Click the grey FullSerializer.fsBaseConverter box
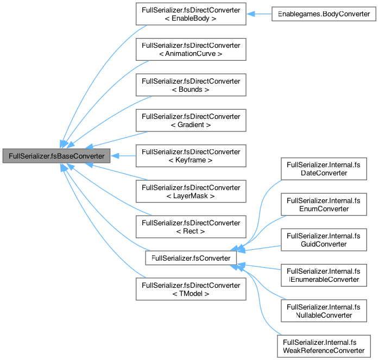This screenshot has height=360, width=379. pos(57,156)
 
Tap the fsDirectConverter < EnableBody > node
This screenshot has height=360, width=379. pos(191,14)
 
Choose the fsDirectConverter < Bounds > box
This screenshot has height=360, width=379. pos(191,85)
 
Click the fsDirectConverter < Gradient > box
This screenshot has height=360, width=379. pos(191,120)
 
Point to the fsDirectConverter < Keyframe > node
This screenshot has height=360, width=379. pos(191,156)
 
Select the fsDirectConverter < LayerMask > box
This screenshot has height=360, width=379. pos(191,191)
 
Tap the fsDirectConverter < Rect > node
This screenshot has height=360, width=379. pos(191,227)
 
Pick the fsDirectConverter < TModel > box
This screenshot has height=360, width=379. pos(191,289)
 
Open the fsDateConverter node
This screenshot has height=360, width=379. pos(324,168)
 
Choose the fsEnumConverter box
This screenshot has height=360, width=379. pos(324,204)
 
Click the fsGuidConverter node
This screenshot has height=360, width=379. pos(324,239)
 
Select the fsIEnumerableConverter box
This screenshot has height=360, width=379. pos(324,275)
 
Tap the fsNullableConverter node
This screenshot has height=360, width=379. pos(324,311)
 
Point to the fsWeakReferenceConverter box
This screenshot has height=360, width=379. pos(324,346)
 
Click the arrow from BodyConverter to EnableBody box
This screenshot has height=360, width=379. pos(260,14)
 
